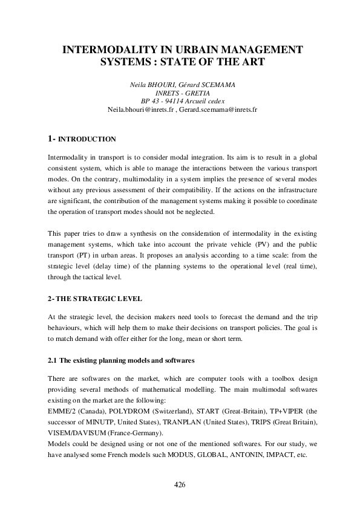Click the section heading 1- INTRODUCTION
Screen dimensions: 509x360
point(82,139)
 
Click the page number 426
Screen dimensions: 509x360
point(180,485)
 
